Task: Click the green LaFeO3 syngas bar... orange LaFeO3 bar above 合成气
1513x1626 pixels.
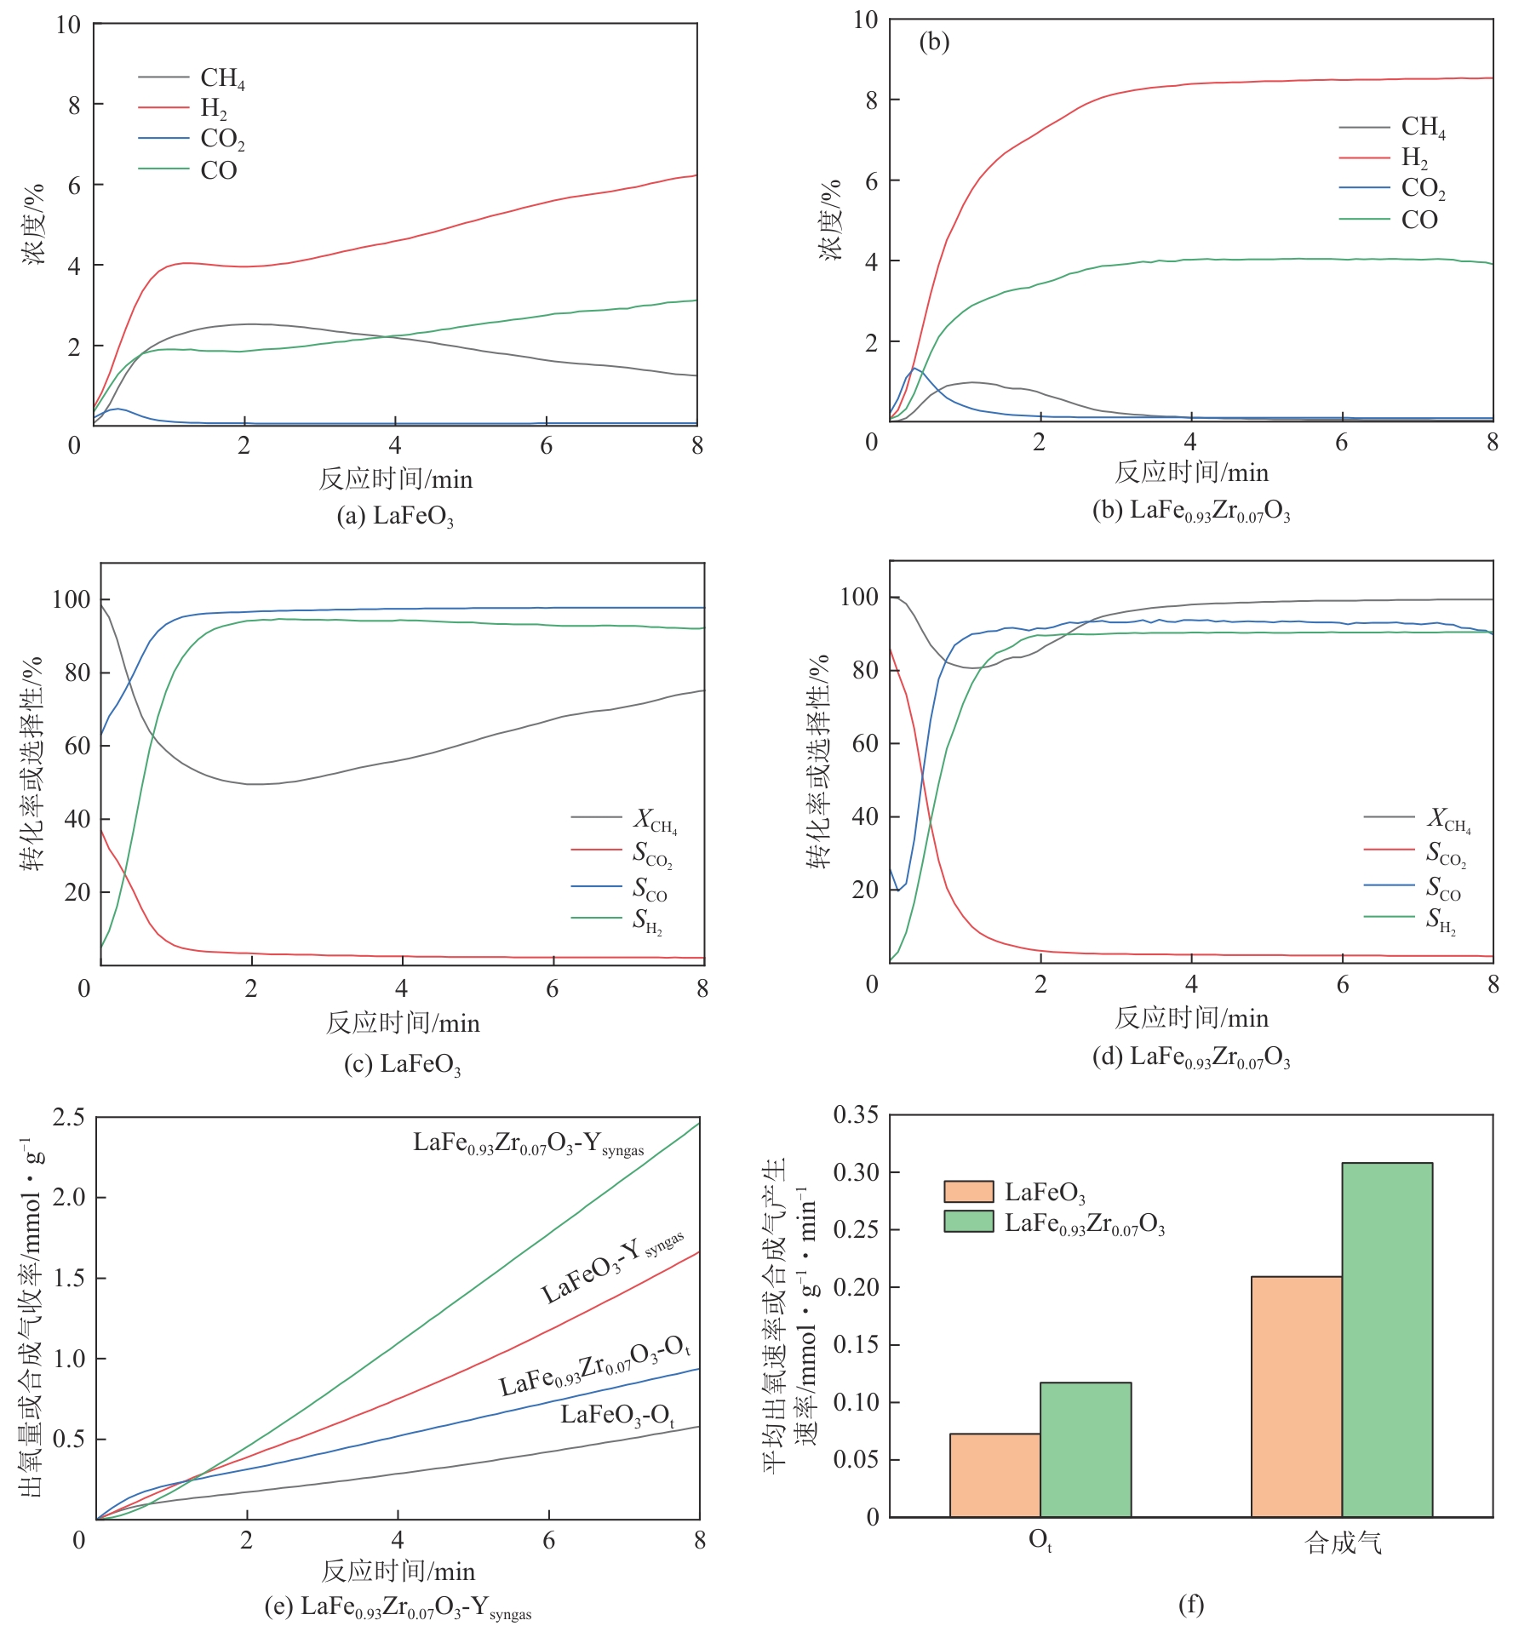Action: pyautogui.click(x=1296, y=1396)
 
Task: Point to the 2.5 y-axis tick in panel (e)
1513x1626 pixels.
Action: pyautogui.click(x=69, y=1116)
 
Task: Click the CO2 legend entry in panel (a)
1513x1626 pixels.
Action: pyautogui.click(x=222, y=139)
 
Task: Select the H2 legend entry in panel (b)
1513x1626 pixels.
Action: pyautogui.click(x=1414, y=157)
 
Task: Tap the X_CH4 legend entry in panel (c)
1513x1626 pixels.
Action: pyautogui.click(x=655, y=819)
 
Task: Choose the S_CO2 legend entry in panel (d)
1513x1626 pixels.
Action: pyautogui.click(x=1446, y=852)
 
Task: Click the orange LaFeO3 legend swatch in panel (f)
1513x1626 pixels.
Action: pyautogui.click(x=968, y=1191)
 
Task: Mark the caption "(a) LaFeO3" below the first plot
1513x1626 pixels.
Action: pyautogui.click(x=395, y=517)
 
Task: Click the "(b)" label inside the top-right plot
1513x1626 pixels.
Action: pyautogui.click(x=934, y=42)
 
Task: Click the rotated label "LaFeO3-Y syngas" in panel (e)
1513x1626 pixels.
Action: pyautogui.click(x=612, y=1268)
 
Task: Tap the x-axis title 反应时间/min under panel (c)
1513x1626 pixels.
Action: pyautogui.click(x=403, y=1022)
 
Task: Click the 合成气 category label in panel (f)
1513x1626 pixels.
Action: pyautogui.click(x=1343, y=1542)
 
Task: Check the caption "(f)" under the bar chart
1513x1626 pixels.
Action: pyautogui.click(x=1190, y=1605)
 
